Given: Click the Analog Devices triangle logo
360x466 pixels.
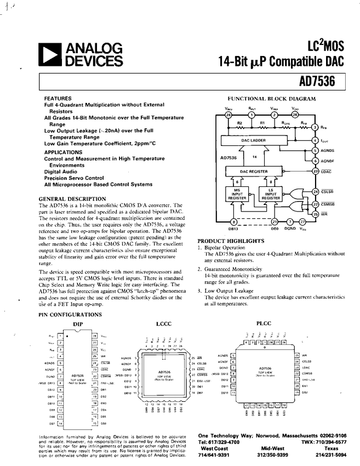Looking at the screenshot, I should click(50, 55).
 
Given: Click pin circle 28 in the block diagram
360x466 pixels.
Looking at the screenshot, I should click(229, 115).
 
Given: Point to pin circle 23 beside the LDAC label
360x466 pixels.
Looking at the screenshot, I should click(315, 171).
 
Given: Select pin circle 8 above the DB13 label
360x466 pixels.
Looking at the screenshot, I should click(234, 221).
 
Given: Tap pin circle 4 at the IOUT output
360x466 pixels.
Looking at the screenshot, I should click(315, 140).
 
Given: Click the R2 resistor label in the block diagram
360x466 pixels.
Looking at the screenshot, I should click(239, 123).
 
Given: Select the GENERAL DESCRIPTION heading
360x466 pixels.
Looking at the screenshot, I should click(72, 198).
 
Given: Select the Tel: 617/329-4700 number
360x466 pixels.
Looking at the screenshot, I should click(219, 442).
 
